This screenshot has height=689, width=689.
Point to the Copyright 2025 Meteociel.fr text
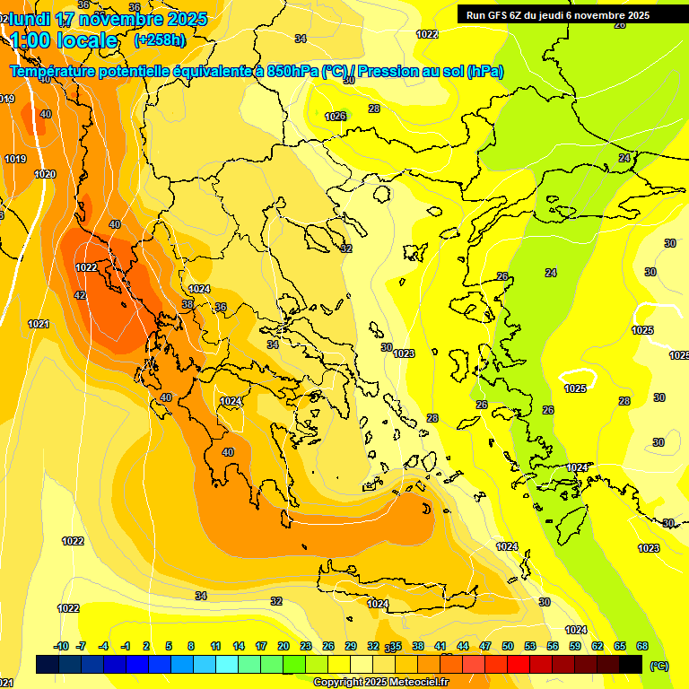click(380, 682)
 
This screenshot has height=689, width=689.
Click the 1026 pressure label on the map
click(336, 117)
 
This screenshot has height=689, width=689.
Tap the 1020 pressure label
click(44, 174)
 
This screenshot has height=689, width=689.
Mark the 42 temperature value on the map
click(80, 295)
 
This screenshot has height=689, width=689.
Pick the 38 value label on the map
click(188, 304)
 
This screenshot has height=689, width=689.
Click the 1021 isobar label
click(38, 324)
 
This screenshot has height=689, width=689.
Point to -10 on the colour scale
click(61, 646)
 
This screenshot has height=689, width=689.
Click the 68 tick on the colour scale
click(642, 646)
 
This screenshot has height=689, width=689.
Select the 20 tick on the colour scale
click(283, 646)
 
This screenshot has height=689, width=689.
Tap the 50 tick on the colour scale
click(508, 646)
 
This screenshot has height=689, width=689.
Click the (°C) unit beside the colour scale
click(659, 666)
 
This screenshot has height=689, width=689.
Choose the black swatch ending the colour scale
click(631, 664)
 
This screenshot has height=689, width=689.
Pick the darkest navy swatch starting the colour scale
click(48, 664)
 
